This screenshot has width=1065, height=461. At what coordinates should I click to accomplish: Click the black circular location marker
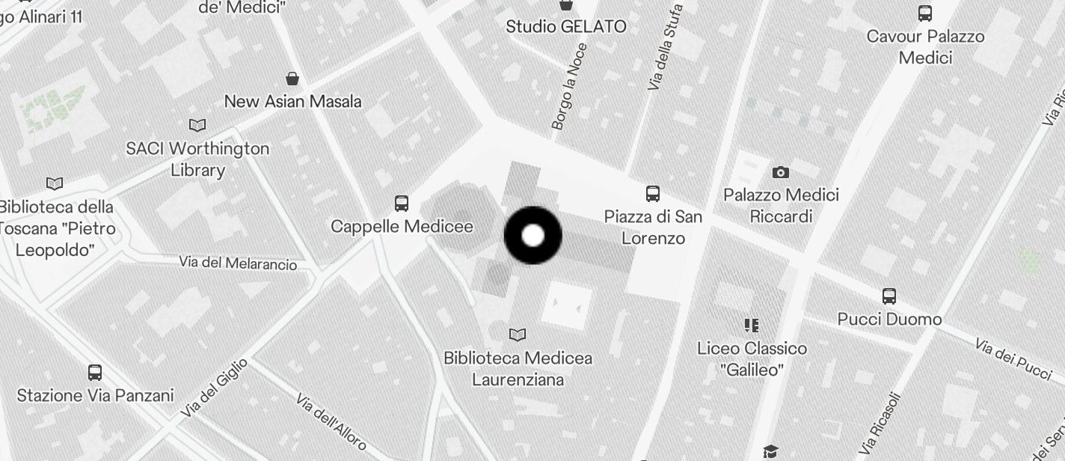532,236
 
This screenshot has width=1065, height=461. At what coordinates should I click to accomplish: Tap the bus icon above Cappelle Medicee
402,203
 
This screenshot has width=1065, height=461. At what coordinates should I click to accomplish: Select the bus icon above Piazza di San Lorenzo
653,194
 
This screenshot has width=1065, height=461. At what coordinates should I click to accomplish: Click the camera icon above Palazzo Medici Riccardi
781,172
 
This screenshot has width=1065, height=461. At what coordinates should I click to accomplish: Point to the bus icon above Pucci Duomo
889,296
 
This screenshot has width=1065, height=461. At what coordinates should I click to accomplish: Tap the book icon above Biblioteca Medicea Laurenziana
517,335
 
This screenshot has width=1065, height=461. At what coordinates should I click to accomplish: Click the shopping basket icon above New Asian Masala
292,79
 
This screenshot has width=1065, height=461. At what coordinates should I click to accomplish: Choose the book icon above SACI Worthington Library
197,125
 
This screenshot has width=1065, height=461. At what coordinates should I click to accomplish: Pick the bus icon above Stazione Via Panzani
95,372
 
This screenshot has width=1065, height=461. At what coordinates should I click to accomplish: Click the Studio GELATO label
566,27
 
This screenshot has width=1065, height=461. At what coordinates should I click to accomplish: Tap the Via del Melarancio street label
238,263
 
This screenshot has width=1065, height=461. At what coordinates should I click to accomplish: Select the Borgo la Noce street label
569,87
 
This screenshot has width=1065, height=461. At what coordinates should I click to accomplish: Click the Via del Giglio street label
215,388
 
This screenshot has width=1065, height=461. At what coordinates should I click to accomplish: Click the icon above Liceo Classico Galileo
752,325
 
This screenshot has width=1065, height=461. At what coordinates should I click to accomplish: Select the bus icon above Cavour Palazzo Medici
925,13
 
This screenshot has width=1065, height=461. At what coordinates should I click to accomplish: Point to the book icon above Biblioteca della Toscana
55,183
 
